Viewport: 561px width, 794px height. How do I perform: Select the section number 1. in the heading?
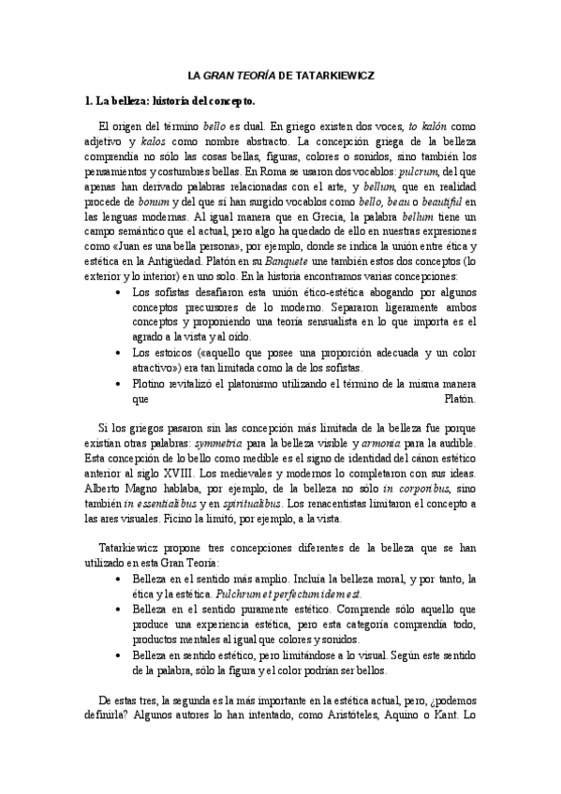(88, 100)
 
